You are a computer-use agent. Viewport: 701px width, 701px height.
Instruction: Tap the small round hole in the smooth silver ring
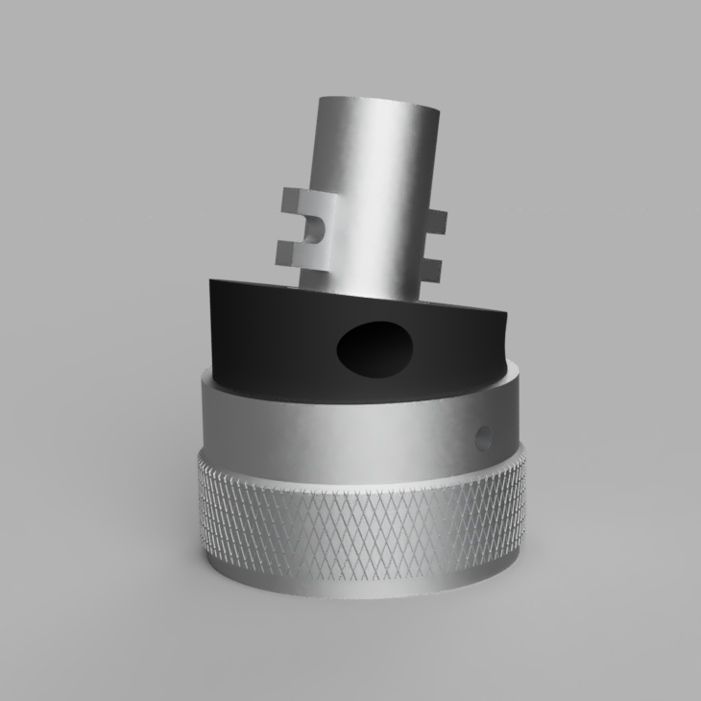coord(482,436)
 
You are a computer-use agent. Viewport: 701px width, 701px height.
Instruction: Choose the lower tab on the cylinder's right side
coord(431,268)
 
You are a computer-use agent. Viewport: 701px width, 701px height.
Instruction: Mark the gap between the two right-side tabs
coord(432,245)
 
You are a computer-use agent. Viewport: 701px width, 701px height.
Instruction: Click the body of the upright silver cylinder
coord(370,192)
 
